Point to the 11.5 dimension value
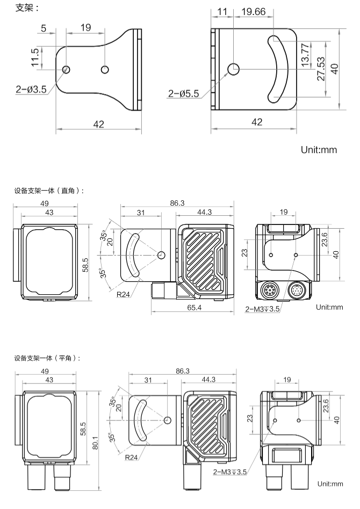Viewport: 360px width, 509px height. point(35,58)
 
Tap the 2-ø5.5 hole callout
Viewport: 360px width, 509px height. point(183,93)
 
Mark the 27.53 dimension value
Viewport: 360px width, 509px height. point(320,69)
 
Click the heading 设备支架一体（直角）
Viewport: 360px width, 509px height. point(51,190)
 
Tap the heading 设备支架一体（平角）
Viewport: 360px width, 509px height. point(51,358)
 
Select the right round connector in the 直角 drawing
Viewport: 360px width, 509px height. point(297,293)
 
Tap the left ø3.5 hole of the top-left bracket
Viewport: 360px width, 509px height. point(66,69)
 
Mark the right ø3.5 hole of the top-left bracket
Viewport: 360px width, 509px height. point(105,69)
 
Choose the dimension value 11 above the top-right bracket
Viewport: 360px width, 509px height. point(223,12)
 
